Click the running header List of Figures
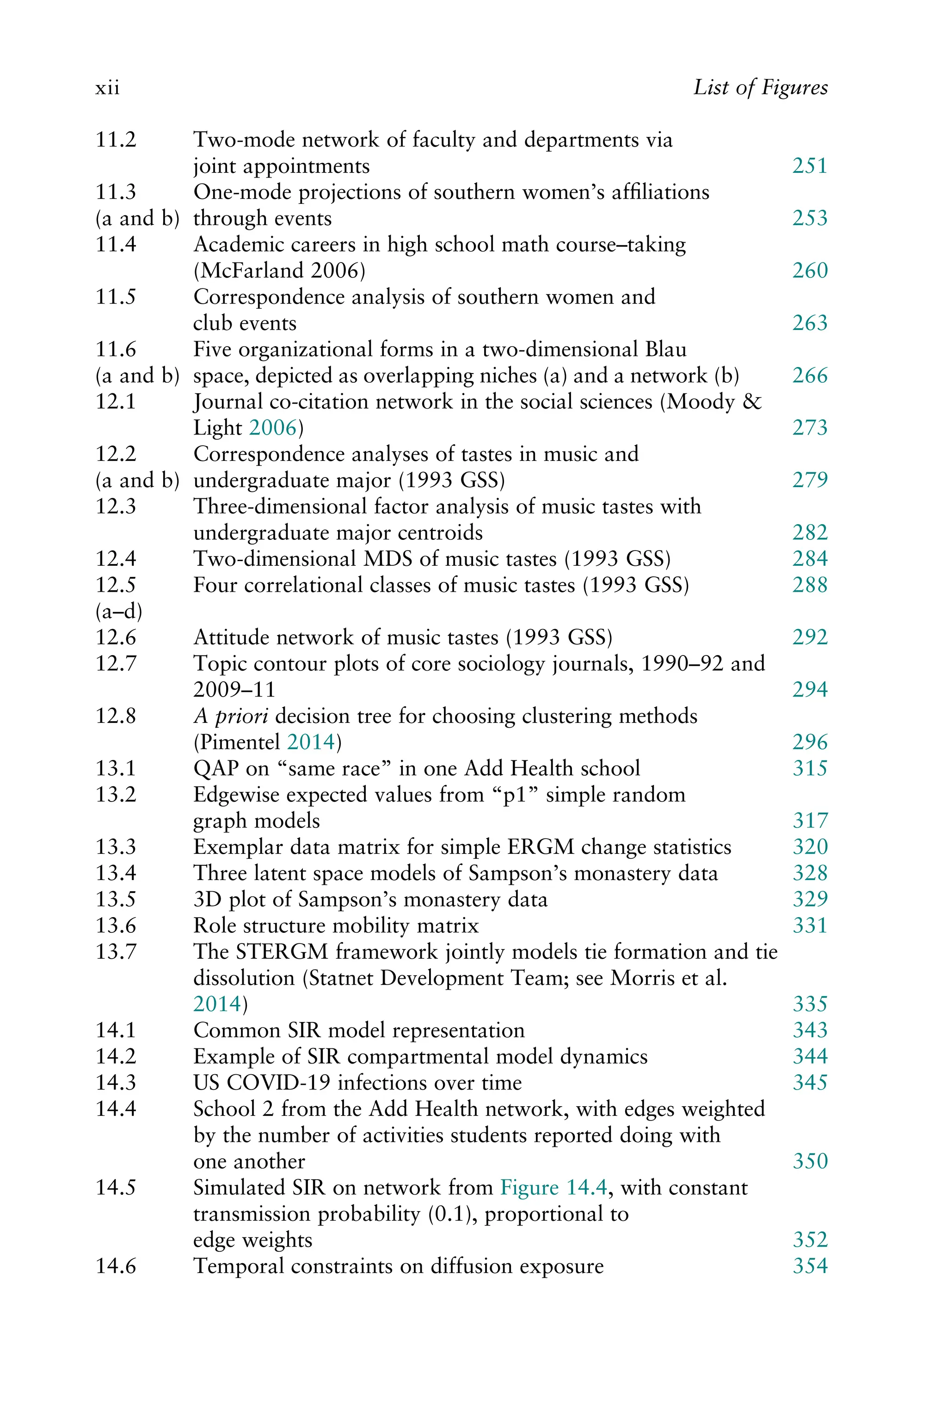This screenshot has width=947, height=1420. pos(760,87)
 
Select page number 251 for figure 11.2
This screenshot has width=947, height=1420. pos(809,166)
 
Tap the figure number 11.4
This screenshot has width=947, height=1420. pos(116,245)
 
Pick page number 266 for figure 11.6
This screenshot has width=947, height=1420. pos(809,375)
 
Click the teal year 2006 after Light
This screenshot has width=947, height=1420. pos(273,428)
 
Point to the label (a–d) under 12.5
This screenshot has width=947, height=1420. pos(119,612)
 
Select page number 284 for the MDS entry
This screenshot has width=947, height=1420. pos(809,559)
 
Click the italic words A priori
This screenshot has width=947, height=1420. pos(231,716)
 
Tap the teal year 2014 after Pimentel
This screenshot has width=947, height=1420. pos(310,742)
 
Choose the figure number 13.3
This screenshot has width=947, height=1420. pos(116,847)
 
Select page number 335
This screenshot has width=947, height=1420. pos(809,1004)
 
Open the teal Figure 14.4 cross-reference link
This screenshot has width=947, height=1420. pos(553,1187)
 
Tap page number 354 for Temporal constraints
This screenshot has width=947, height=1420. pos(809,1266)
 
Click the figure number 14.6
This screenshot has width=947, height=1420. pos(116,1266)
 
